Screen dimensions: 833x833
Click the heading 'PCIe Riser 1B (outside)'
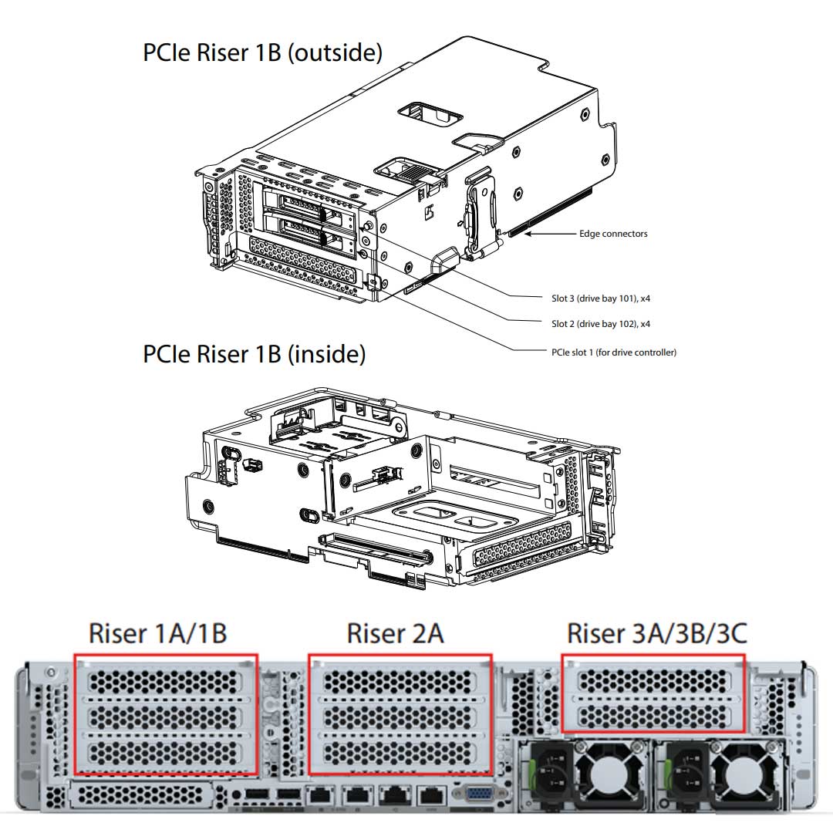tap(262, 52)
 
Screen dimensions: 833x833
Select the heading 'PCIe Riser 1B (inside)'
tap(254, 354)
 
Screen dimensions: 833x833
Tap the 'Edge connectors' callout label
tap(613, 234)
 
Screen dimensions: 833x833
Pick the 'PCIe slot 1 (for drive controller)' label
tap(609, 352)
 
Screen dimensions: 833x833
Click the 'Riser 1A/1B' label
tap(157, 633)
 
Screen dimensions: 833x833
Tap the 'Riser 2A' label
tap(395, 633)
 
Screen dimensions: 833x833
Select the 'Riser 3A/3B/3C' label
tap(656, 633)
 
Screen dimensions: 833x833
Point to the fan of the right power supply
tap(741, 775)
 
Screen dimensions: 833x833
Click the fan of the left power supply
tap(609, 775)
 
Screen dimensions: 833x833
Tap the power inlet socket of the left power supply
tap(552, 776)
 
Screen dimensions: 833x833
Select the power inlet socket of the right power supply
tap(685, 776)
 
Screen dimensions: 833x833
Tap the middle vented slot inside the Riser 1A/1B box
tap(165, 716)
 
